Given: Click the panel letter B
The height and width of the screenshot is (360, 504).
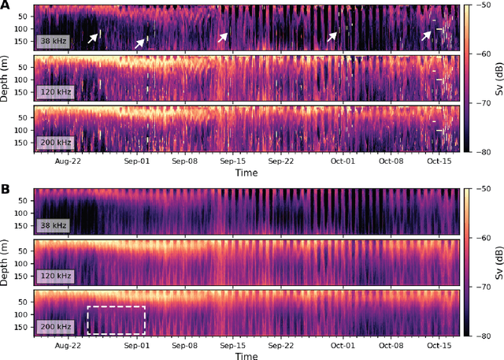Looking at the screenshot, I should (x=6, y=190).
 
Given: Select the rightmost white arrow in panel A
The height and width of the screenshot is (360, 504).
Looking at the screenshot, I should (x=428, y=35).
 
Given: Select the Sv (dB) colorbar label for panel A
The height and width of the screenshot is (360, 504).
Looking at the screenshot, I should (x=497, y=78).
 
